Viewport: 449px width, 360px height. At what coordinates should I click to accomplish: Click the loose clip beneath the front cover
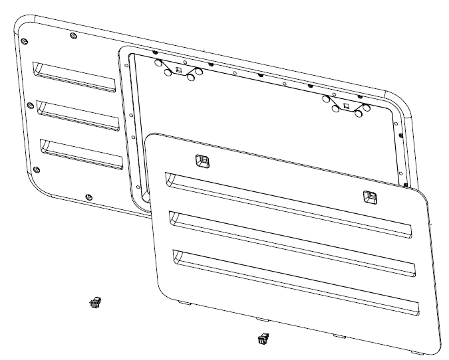click(262, 339)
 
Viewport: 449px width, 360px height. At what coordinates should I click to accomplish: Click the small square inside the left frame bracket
click(178, 68)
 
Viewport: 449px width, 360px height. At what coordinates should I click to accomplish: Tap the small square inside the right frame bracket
click(345, 104)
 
